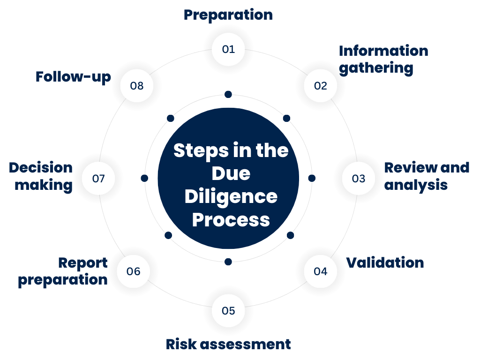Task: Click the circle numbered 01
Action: (x=228, y=49)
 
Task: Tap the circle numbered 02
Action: (x=321, y=86)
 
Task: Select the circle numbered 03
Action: (x=358, y=179)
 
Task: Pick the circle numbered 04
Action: (x=321, y=271)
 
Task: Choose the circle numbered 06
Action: (x=134, y=271)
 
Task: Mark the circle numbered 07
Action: (x=98, y=179)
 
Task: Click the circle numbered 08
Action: (x=137, y=86)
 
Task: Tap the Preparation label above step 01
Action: (x=228, y=15)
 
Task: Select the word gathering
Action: (x=376, y=68)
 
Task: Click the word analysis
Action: (x=416, y=185)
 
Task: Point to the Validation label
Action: (x=385, y=262)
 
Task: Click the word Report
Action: (x=83, y=263)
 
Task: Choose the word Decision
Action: (x=41, y=168)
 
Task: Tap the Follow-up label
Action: (x=73, y=77)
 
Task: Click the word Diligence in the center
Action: (x=231, y=197)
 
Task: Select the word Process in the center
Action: (x=231, y=219)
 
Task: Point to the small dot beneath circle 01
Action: (x=228, y=95)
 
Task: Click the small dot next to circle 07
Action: (x=144, y=179)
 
